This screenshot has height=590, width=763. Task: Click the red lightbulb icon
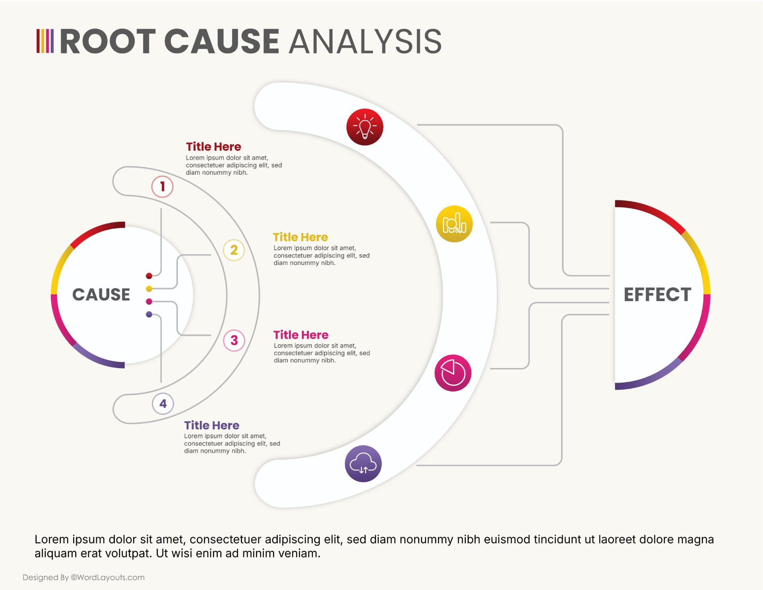click(364, 127)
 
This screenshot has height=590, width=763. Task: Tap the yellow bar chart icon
click(454, 224)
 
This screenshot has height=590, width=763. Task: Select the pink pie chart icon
click(453, 373)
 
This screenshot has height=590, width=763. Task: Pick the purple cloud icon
click(363, 463)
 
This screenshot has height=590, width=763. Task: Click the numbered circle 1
click(162, 186)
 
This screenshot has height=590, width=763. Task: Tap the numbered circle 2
click(234, 250)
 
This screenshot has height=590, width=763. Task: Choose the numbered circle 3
click(234, 340)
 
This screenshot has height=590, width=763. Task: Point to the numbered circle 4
click(163, 403)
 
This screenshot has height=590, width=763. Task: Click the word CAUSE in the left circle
click(101, 295)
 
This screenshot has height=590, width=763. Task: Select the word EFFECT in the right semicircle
click(657, 295)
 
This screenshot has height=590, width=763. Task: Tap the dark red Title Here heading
click(213, 147)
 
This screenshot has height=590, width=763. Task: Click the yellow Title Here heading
click(300, 237)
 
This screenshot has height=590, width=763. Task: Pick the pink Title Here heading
click(301, 335)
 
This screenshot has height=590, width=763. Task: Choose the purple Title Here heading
click(211, 425)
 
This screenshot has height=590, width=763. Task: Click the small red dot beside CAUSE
click(149, 276)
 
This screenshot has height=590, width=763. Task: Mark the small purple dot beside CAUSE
click(149, 314)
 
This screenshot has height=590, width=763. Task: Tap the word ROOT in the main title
click(108, 41)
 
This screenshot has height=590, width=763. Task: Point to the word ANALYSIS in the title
click(365, 41)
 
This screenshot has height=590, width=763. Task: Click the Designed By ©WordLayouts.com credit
click(83, 577)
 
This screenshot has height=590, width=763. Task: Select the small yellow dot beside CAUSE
click(149, 288)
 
